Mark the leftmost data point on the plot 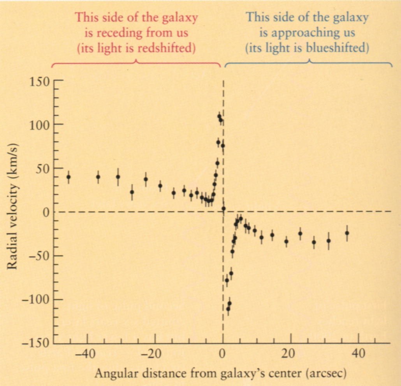point(69,177)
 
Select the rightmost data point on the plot point(347,233)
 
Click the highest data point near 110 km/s point(219,116)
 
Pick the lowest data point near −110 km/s point(228,309)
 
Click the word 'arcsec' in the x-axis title point(323,374)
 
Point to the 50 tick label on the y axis point(42,168)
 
